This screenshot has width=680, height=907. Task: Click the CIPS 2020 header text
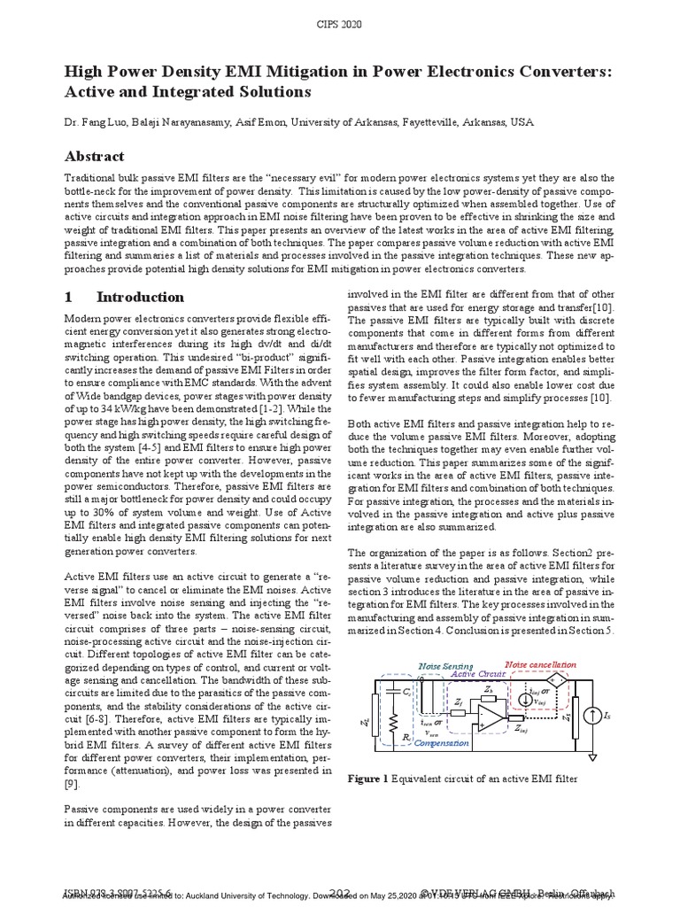(339, 24)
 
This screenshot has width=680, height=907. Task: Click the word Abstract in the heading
(95, 156)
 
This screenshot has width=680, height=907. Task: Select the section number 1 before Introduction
(68, 297)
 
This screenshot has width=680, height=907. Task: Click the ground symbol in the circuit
(592, 757)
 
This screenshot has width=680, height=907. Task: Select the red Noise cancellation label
(540, 664)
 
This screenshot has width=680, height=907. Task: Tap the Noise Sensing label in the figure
(445, 666)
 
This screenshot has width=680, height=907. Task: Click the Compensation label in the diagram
(441, 743)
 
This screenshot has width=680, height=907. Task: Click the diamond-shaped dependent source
(557, 678)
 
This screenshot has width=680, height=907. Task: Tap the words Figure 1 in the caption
(367, 779)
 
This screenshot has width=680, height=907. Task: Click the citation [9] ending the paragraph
(72, 784)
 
